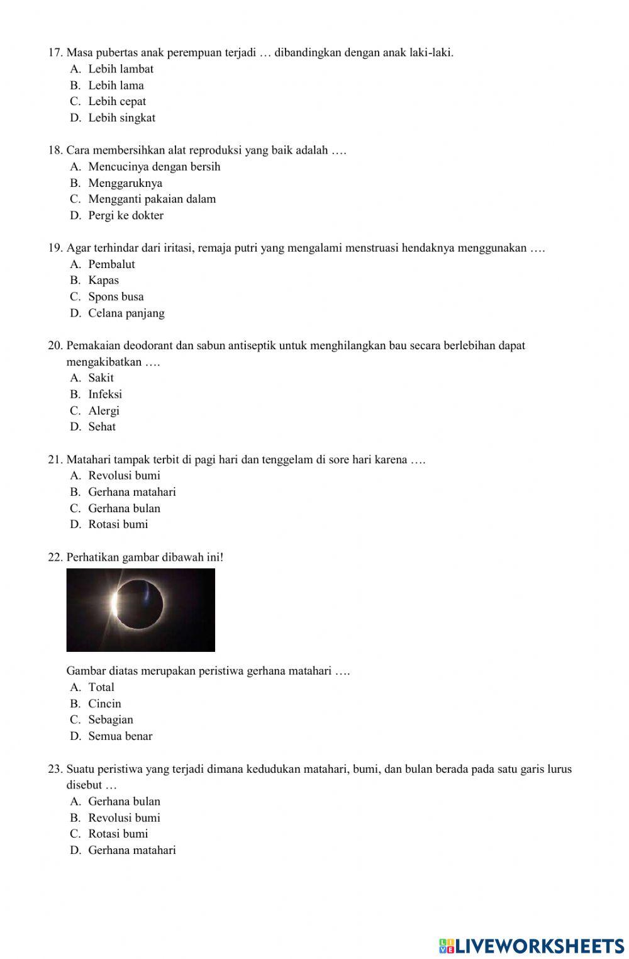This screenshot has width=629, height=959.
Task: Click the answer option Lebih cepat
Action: [x=116, y=101]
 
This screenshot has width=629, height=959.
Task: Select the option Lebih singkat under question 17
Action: [x=121, y=118]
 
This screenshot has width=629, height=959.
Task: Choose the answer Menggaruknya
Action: [x=125, y=183]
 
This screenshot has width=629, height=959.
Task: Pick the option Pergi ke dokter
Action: [x=125, y=215]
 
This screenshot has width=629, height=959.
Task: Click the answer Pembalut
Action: [x=111, y=264]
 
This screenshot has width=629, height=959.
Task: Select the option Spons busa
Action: [x=116, y=296]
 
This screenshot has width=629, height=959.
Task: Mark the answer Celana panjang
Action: [x=126, y=313]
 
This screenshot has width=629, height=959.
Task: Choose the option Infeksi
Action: [x=105, y=394]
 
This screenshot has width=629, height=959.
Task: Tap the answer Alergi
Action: [x=103, y=410]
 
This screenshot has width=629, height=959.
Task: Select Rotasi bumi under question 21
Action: [x=118, y=524]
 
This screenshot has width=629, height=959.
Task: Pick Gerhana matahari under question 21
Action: [x=131, y=491]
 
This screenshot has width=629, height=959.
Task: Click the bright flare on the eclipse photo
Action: [x=114, y=604]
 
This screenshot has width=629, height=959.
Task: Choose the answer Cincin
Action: [x=104, y=704]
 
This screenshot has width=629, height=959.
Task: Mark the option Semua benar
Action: [x=120, y=736]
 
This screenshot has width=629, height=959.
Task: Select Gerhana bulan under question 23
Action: [x=124, y=801]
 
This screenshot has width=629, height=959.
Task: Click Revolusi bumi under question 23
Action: [x=124, y=817]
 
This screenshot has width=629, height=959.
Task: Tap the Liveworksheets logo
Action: [x=532, y=945]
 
